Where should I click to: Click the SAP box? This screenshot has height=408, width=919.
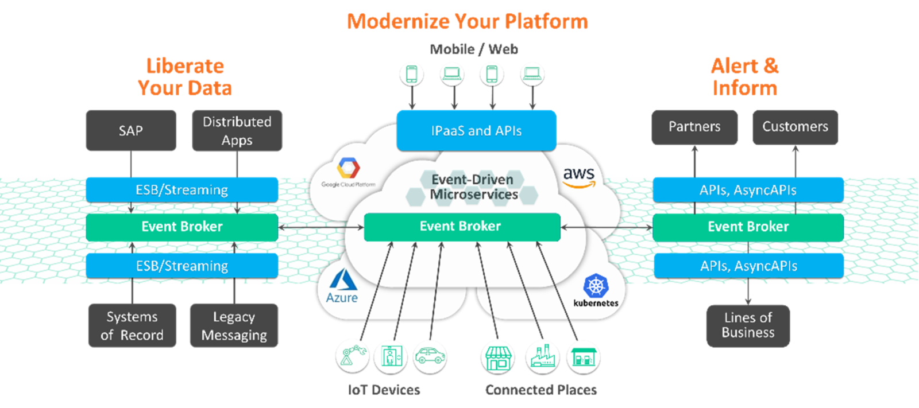click(131, 131)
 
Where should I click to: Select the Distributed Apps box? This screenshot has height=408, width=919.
click(237, 131)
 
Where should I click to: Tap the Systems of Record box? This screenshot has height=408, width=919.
click(132, 325)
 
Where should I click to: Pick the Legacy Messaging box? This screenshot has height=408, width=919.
click(234, 325)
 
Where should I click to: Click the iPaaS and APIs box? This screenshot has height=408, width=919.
click(476, 130)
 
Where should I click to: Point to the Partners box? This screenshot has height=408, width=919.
click(694, 127)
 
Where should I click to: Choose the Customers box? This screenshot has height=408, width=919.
click(795, 127)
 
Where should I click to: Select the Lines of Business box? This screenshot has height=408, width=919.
click(748, 325)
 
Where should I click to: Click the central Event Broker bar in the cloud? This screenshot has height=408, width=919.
click(462, 227)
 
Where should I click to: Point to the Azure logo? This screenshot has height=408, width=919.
click(342, 287)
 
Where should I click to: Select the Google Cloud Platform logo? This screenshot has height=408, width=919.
click(348, 172)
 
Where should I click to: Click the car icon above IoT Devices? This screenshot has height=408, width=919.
click(430, 356)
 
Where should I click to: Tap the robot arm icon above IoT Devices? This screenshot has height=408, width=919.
click(352, 356)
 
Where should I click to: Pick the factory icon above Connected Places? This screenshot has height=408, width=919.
click(542, 356)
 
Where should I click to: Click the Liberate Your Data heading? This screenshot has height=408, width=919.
click(185, 77)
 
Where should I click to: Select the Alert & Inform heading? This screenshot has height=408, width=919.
click(745, 77)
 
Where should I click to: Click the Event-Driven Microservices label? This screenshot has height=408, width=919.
click(473, 187)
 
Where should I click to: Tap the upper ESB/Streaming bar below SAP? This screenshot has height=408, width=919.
click(182, 189)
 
